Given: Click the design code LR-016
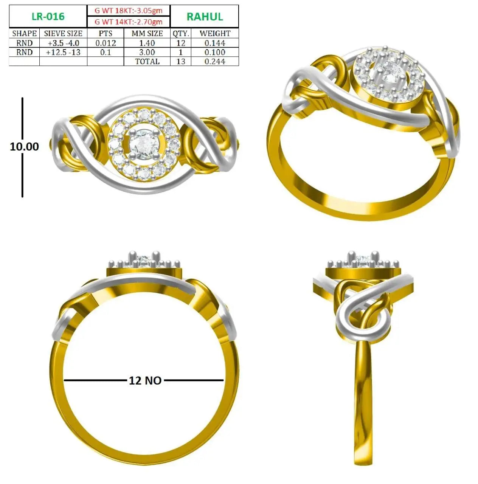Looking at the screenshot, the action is (x=48, y=17).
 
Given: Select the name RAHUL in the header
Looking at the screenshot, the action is (x=205, y=17).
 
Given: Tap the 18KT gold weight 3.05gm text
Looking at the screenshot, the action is (x=129, y=11).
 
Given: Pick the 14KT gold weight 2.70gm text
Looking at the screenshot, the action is (x=129, y=22).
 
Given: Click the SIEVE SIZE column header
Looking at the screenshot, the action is (x=63, y=33).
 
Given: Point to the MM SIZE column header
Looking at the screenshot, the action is (x=147, y=33).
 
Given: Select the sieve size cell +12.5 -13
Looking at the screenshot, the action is (x=63, y=52).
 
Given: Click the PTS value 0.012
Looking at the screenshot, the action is (x=106, y=43).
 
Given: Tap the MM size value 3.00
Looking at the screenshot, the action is (x=147, y=52).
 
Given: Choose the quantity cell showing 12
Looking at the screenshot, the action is (x=181, y=43).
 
